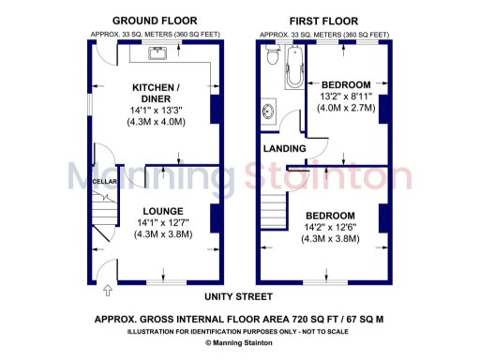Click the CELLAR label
105,181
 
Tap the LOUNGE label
163,211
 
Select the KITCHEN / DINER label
164,93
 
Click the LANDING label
281,148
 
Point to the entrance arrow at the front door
106,291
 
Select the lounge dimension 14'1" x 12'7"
164,223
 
